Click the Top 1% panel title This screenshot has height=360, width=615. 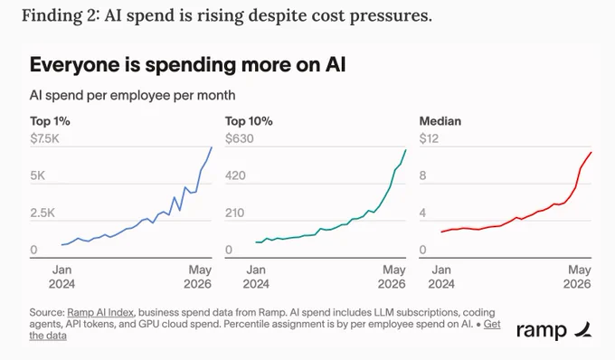pos(50,121)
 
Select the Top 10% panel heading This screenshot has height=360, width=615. pos(249,121)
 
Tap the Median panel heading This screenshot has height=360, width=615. pos(440,121)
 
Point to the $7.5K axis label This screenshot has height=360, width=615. pos(44,138)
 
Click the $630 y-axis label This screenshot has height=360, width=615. pos(240,138)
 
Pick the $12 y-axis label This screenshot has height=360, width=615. pos(429,138)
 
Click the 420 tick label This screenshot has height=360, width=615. pos(235,175)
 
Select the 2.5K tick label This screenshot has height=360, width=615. pos(43,213)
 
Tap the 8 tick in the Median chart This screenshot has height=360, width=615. pos(422,175)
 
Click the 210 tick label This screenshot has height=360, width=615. pos(234,213)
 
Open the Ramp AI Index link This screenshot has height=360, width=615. pos(100,313)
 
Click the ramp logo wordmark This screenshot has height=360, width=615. pos(541,330)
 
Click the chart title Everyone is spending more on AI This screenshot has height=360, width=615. pos(187,65)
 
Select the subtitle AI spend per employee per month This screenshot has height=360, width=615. pos(133,95)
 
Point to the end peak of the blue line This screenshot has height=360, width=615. pos(212,147)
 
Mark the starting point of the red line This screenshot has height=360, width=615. pos(441,232)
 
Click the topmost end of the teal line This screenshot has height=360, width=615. pos(405,150)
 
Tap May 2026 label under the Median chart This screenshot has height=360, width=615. pos(577,277)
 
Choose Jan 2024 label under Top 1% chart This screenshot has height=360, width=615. pos(62,277)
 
